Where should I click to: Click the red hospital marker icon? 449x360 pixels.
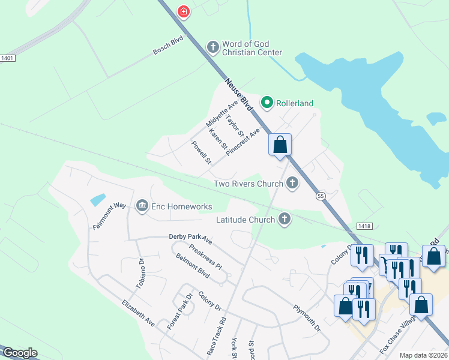[184, 11]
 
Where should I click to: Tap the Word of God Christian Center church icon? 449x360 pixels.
[212, 47]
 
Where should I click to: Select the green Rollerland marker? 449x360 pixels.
[267, 103]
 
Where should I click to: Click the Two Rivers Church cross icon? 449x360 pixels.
[292, 183]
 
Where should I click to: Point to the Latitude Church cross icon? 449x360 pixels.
[285, 220]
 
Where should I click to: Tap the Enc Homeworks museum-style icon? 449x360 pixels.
[142, 206]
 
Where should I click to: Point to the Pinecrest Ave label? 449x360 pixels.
[243, 142]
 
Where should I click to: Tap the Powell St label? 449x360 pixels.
[202, 152]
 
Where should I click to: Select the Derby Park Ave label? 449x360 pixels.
[190, 240]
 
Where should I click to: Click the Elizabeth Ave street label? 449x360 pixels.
[138, 313]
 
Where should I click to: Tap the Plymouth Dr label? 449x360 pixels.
[307, 318]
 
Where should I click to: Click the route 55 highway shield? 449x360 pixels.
[321, 196]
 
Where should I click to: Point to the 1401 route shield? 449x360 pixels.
[7, 58]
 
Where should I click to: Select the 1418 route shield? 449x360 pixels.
[363, 226]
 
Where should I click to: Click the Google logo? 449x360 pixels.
[20, 353]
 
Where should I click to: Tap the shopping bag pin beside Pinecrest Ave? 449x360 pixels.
[280, 145]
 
